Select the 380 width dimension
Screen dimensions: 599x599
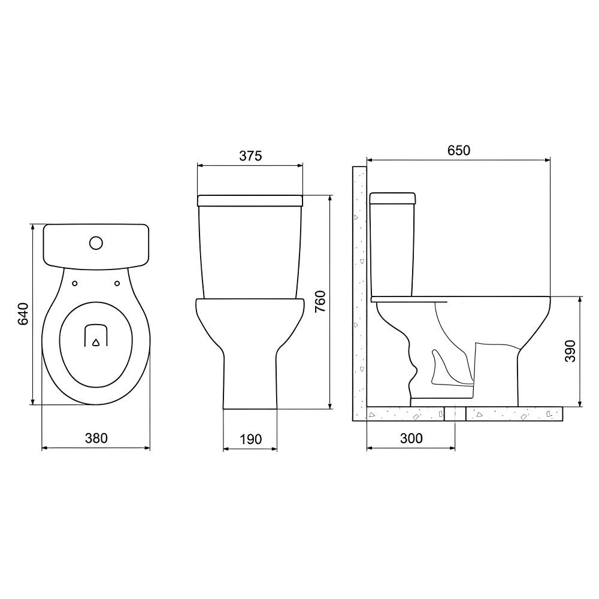[96, 438]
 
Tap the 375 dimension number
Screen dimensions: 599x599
[250, 156]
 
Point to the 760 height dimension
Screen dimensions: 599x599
[320, 302]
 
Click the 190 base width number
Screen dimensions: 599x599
[250, 439]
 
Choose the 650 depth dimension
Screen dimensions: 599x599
[458, 150]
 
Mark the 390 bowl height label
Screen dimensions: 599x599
[570, 350]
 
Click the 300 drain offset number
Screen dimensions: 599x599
[411, 438]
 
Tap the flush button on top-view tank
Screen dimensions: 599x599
[96, 243]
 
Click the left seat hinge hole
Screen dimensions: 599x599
[75, 283]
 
